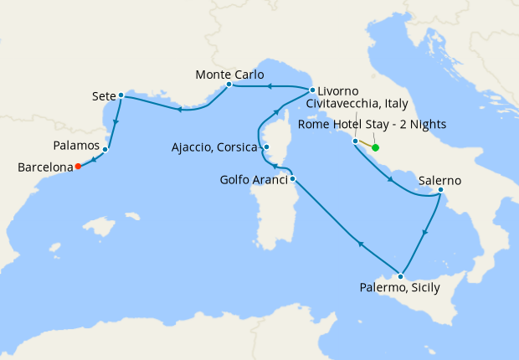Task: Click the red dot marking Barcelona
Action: click(78, 166)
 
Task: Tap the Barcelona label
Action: click(44, 167)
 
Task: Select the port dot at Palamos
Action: click(105, 150)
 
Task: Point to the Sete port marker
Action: click(121, 95)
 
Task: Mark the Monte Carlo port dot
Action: click(229, 84)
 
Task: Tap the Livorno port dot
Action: click(312, 90)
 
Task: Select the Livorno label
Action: click(339, 90)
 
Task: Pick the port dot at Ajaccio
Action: click(266, 147)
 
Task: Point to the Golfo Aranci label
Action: click(254, 180)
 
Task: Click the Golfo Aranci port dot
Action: click(292, 178)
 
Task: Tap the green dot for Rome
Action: click(375, 148)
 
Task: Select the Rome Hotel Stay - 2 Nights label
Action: click(372, 125)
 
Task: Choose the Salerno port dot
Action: click(440, 192)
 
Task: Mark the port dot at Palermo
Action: click(402, 276)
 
